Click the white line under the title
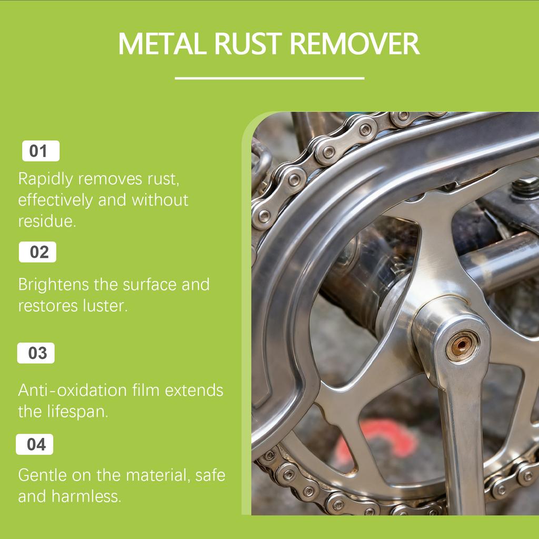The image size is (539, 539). (x=269, y=78)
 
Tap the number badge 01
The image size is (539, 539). (x=40, y=151)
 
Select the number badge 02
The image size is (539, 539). (x=37, y=252)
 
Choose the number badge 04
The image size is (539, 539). (x=35, y=445)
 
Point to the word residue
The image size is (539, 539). (x=47, y=221)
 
